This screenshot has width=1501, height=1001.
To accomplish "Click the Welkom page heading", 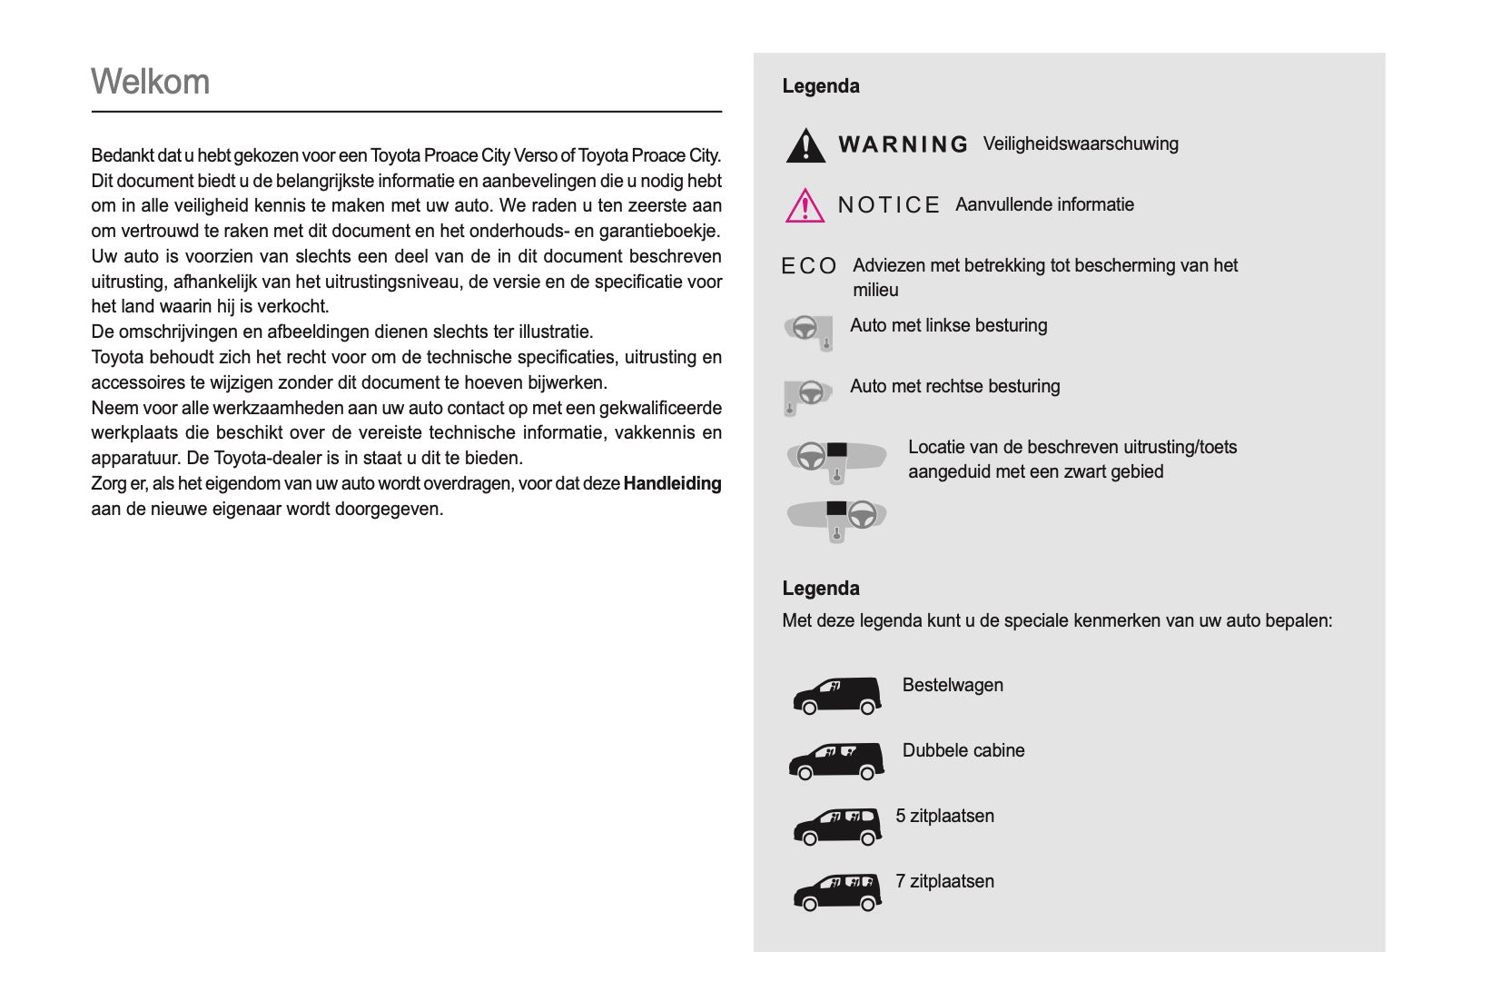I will [x=151, y=82].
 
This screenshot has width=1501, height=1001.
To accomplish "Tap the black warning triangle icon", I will [x=805, y=146].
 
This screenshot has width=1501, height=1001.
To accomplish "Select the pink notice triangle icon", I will [x=805, y=206].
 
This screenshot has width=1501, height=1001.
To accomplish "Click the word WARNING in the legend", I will [x=904, y=144].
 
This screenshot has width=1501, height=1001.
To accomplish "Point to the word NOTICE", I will [x=889, y=205].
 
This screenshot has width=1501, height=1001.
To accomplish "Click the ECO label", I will [x=809, y=266].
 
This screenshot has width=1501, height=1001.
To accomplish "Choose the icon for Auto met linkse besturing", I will [x=808, y=331].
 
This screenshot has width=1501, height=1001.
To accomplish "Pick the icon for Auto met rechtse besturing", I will [x=808, y=395].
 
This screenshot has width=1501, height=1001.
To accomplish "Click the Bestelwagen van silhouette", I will [x=836, y=695].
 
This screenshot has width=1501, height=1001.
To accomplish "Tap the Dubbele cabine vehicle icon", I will [x=836, y=760].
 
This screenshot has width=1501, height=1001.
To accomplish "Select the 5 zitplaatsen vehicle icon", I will [x=836, y=826].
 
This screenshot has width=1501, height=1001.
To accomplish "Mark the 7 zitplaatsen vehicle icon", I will [x=836, y=891].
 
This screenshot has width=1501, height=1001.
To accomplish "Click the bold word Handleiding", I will [x=672, y=484].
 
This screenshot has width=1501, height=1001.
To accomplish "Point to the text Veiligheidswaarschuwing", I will [x=1081, y=144].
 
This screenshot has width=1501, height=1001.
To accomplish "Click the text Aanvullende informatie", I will [x=1044, y=204].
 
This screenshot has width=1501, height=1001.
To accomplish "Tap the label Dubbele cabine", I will [x=963, y=750].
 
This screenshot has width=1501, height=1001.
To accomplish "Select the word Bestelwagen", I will [x=953, y=685].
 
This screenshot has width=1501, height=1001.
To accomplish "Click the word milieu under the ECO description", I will [x=875, y=290].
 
